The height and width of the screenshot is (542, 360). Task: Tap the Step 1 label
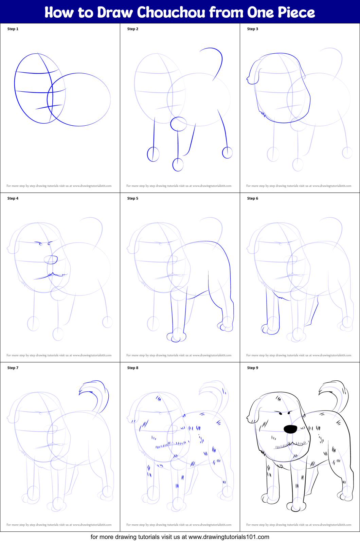(x=13, y=29)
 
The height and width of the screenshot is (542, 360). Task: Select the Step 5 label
(x=133, y=198)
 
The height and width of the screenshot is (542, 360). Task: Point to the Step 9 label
(x=253, y=368)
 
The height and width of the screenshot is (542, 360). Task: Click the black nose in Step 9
(x=290, y=429)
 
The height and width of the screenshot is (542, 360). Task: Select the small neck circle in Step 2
(x=178, y=124)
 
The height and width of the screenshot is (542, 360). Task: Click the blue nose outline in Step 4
(x=51, y=260)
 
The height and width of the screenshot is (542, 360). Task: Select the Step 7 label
(x=13, y=368)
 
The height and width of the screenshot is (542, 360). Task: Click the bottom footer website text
(x=180, y=537)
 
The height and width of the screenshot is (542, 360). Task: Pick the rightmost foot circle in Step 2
(x=227, y=152)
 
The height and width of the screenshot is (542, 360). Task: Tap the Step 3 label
(x=253, y=29)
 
